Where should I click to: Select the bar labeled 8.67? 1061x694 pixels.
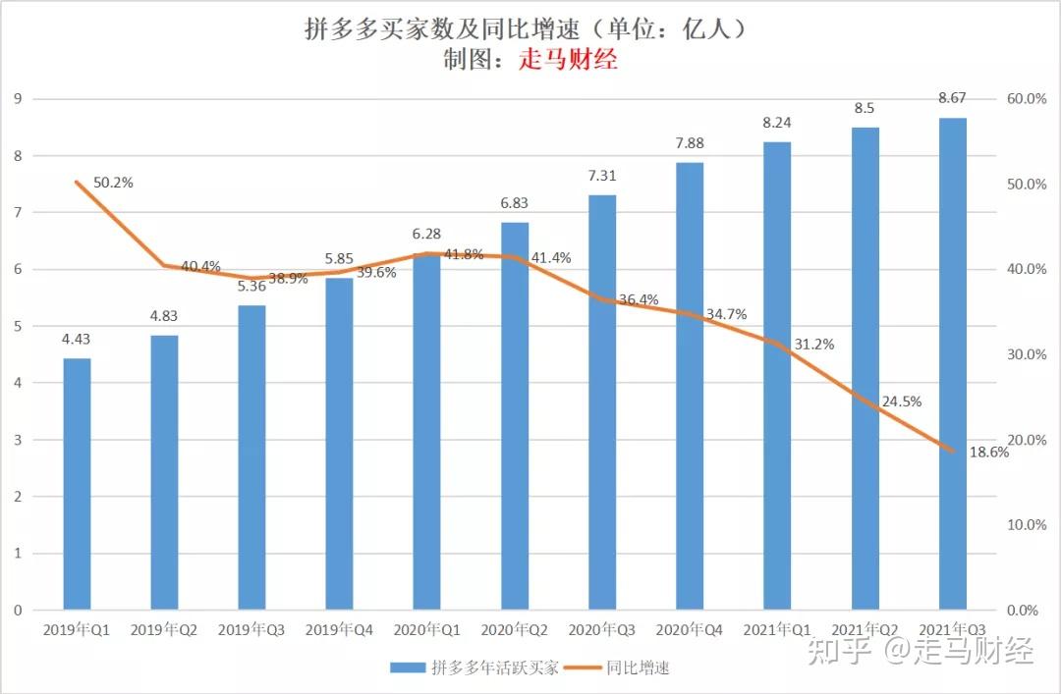952,363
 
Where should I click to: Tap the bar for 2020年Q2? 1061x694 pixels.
515,416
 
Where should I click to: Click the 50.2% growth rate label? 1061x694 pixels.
113,183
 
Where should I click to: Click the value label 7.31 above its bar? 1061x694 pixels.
602,175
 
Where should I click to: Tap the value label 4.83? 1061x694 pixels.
164,316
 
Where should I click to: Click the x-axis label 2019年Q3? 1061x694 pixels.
251,629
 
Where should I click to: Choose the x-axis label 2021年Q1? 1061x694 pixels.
777,629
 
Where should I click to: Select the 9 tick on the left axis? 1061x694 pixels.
18,99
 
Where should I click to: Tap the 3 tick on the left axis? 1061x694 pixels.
18,440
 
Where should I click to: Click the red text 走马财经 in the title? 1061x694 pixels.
568,60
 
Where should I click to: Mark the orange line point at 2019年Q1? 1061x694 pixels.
77,183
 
